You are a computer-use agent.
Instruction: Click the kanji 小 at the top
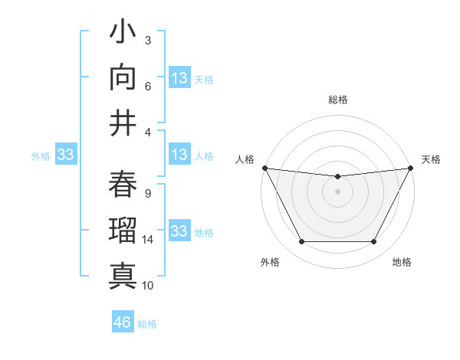123,35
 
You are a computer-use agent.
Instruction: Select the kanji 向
123,79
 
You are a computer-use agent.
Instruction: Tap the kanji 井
123,123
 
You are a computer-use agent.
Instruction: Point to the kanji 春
123,184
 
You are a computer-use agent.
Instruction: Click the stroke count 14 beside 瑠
148,240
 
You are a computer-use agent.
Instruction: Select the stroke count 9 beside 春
147,194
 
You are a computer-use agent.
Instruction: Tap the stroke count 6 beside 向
147,87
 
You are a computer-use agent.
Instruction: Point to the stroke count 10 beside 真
148,286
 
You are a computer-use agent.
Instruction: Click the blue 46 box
123,322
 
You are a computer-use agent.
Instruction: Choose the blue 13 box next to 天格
179,77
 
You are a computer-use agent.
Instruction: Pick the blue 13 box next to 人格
179,155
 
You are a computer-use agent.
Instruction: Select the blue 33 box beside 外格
65,155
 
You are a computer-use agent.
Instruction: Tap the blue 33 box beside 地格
179,231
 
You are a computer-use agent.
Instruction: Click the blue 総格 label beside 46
147,324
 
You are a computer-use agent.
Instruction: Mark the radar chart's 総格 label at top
337,100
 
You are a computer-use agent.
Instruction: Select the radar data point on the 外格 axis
301,242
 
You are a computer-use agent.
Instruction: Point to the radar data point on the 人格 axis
264,168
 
